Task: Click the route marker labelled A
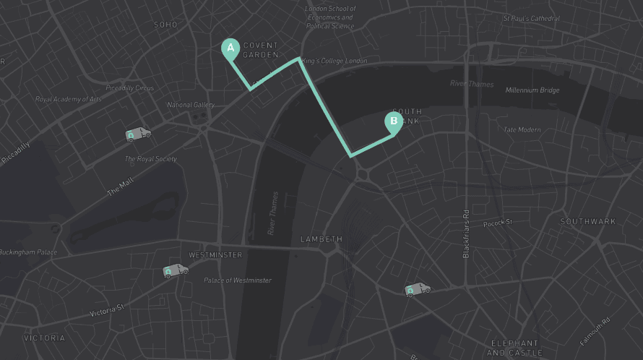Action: (230, 48)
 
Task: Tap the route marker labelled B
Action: (394, 121)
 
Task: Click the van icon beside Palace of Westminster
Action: (175, 270)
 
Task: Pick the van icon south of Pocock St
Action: (417, 289)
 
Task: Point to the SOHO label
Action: (165, 25)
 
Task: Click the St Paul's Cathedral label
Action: (532, 18)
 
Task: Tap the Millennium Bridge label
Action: (532, 90)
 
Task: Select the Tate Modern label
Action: (522, 129)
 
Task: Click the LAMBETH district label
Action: (321, 239)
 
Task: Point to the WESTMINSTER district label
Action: (215, 255)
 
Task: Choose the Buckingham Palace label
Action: (28, 252)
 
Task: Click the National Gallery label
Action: (191, 105)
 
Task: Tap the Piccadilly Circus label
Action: (129, 88)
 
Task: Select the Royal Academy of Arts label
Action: (69, 99)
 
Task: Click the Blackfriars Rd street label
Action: (466, 234)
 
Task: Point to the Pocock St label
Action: (497, 223)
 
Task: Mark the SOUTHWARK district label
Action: (588, 221)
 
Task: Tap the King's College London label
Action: (335, 61)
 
